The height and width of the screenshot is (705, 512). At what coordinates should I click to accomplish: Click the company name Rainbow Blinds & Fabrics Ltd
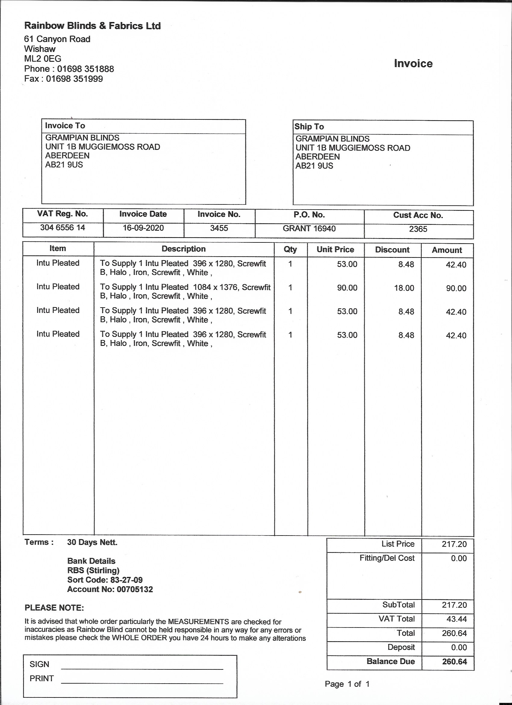point(92,26)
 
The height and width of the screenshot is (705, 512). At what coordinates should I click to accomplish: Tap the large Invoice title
point(413,64)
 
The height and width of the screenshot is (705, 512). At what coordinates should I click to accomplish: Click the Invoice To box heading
point(65,125)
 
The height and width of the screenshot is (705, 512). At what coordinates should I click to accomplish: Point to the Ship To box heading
point(309,127)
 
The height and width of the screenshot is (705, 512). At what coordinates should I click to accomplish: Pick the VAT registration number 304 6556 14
point(62,228)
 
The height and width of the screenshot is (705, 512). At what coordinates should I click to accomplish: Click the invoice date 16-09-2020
point(143,228)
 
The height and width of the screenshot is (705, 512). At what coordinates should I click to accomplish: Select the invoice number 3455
point(219,228)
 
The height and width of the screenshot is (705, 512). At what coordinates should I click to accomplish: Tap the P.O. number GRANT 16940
point(309,229)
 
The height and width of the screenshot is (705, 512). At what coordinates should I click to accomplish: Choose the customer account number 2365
point(418,229)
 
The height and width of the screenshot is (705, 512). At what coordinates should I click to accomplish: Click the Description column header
point(183,249)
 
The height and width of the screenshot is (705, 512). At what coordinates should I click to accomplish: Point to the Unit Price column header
point(335,250)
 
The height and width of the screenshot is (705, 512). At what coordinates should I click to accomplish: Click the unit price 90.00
point(347,288)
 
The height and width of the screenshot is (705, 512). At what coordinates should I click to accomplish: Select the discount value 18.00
point(404,288)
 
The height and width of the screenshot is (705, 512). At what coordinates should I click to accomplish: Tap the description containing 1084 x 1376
point(185,292)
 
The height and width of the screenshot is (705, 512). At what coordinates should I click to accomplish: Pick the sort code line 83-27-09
point(105,580)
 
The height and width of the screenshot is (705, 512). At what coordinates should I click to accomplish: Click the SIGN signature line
point(142,668)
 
